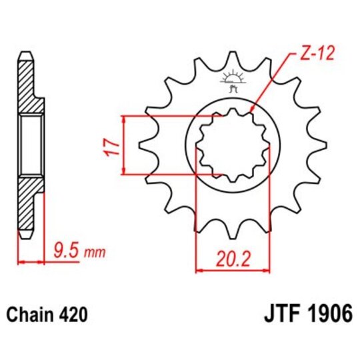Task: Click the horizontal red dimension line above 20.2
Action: click(232, 271)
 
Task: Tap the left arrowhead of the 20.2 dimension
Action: click(198, 271)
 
